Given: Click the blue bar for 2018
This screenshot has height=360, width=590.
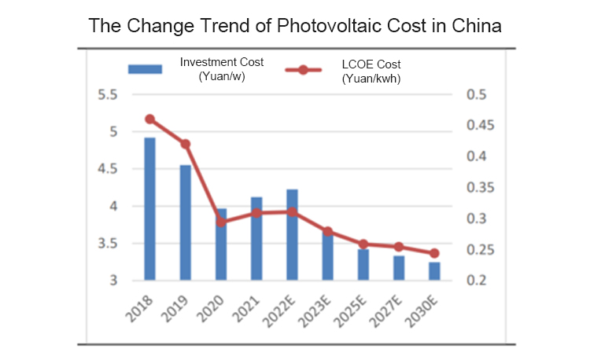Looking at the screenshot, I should [x=149, y=208].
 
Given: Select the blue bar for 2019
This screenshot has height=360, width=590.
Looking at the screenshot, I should [x=185, y=222].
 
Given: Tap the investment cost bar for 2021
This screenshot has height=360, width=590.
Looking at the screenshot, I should [x=256, y=238].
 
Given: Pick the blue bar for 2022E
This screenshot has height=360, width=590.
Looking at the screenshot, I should [x=292, y=234].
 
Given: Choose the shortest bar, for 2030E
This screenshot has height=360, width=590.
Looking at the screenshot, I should [x=434, y=271].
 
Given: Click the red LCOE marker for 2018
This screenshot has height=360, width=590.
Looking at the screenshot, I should [x=149, y=119].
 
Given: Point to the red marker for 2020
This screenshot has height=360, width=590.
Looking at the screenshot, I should [x=221, y=222].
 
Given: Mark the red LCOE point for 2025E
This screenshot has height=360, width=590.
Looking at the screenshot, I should [x=363, y=244].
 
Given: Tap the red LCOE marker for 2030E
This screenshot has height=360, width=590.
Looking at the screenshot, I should [x=434, y=253].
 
